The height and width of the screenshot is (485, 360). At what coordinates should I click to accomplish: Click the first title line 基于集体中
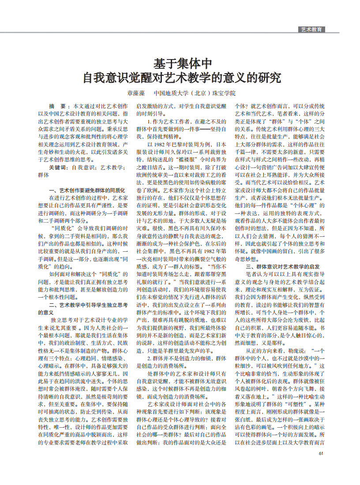pyautogui.click(x=182, y=63)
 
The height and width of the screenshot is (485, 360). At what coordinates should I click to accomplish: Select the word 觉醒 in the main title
pyautogui.click(x=141, y=78)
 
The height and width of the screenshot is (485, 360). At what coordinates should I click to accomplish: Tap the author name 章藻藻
pyautogui.click(x=136, y=93)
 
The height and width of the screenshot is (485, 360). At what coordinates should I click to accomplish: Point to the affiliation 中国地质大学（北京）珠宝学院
pyautogui.click(x=195, y=93)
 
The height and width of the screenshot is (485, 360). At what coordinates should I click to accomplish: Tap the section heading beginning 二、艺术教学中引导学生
pyautogui.click(x=88, y=304)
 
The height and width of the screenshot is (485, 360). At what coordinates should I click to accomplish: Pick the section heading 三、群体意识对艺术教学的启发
pyautogui.click(x=282, y=267)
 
